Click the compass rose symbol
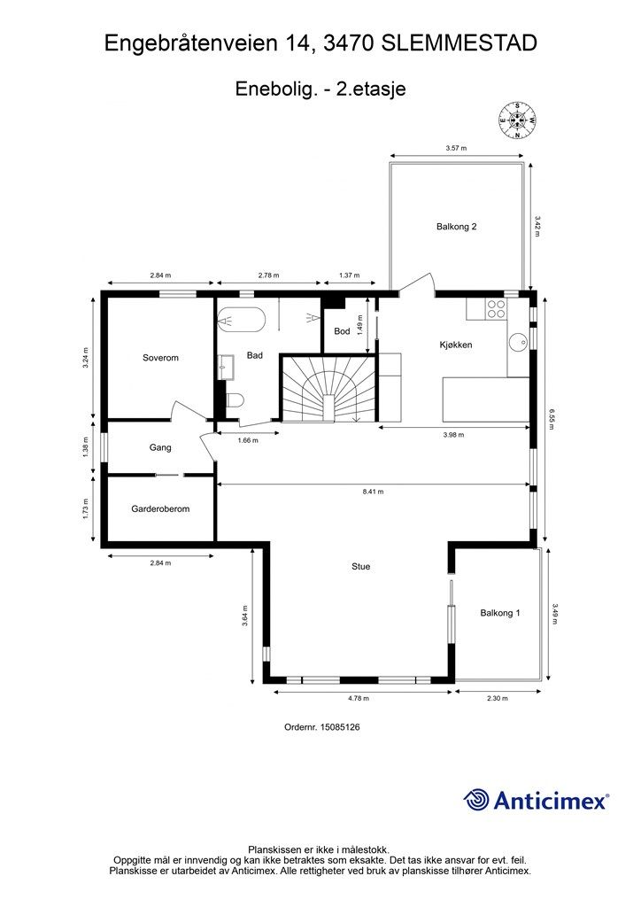[517, 120]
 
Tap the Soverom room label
[160, 358]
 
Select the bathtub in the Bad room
[242, 320]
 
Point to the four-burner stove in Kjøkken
[495, 309]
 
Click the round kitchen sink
[519, 342]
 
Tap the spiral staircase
[328, 389]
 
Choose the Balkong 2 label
[457, 227]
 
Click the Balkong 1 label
[500, 613]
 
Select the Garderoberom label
[160, 509]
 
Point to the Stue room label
[360, 567]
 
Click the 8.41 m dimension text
[373, 492]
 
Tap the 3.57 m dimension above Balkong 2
[456, 148]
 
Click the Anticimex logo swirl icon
[476, 800]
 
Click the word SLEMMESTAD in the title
[460, 43]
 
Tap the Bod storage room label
[342, 331]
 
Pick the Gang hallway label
[160, 447]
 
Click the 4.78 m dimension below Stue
[359, 698]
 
